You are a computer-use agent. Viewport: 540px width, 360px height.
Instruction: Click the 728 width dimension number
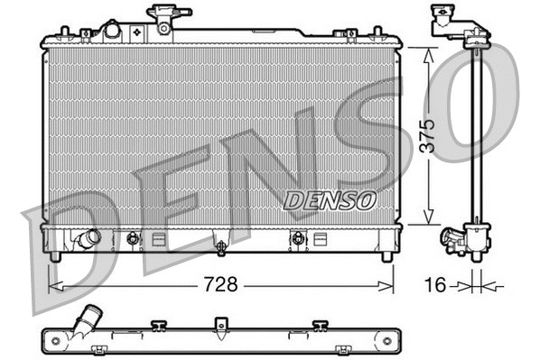[x=219, y=285]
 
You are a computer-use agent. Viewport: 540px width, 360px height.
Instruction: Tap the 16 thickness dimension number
[x=435, y=285]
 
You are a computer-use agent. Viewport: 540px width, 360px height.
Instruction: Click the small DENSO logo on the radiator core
[x=327, y=199]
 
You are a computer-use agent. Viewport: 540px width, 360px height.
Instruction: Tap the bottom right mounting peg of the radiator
[x=386, y=256]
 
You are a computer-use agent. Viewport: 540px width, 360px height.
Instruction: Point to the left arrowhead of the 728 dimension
[x=52, y=285]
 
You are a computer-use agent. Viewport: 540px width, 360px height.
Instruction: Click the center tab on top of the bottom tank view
[x=219, y=324]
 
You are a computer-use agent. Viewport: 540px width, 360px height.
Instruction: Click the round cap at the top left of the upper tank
[x=111, y=30]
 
